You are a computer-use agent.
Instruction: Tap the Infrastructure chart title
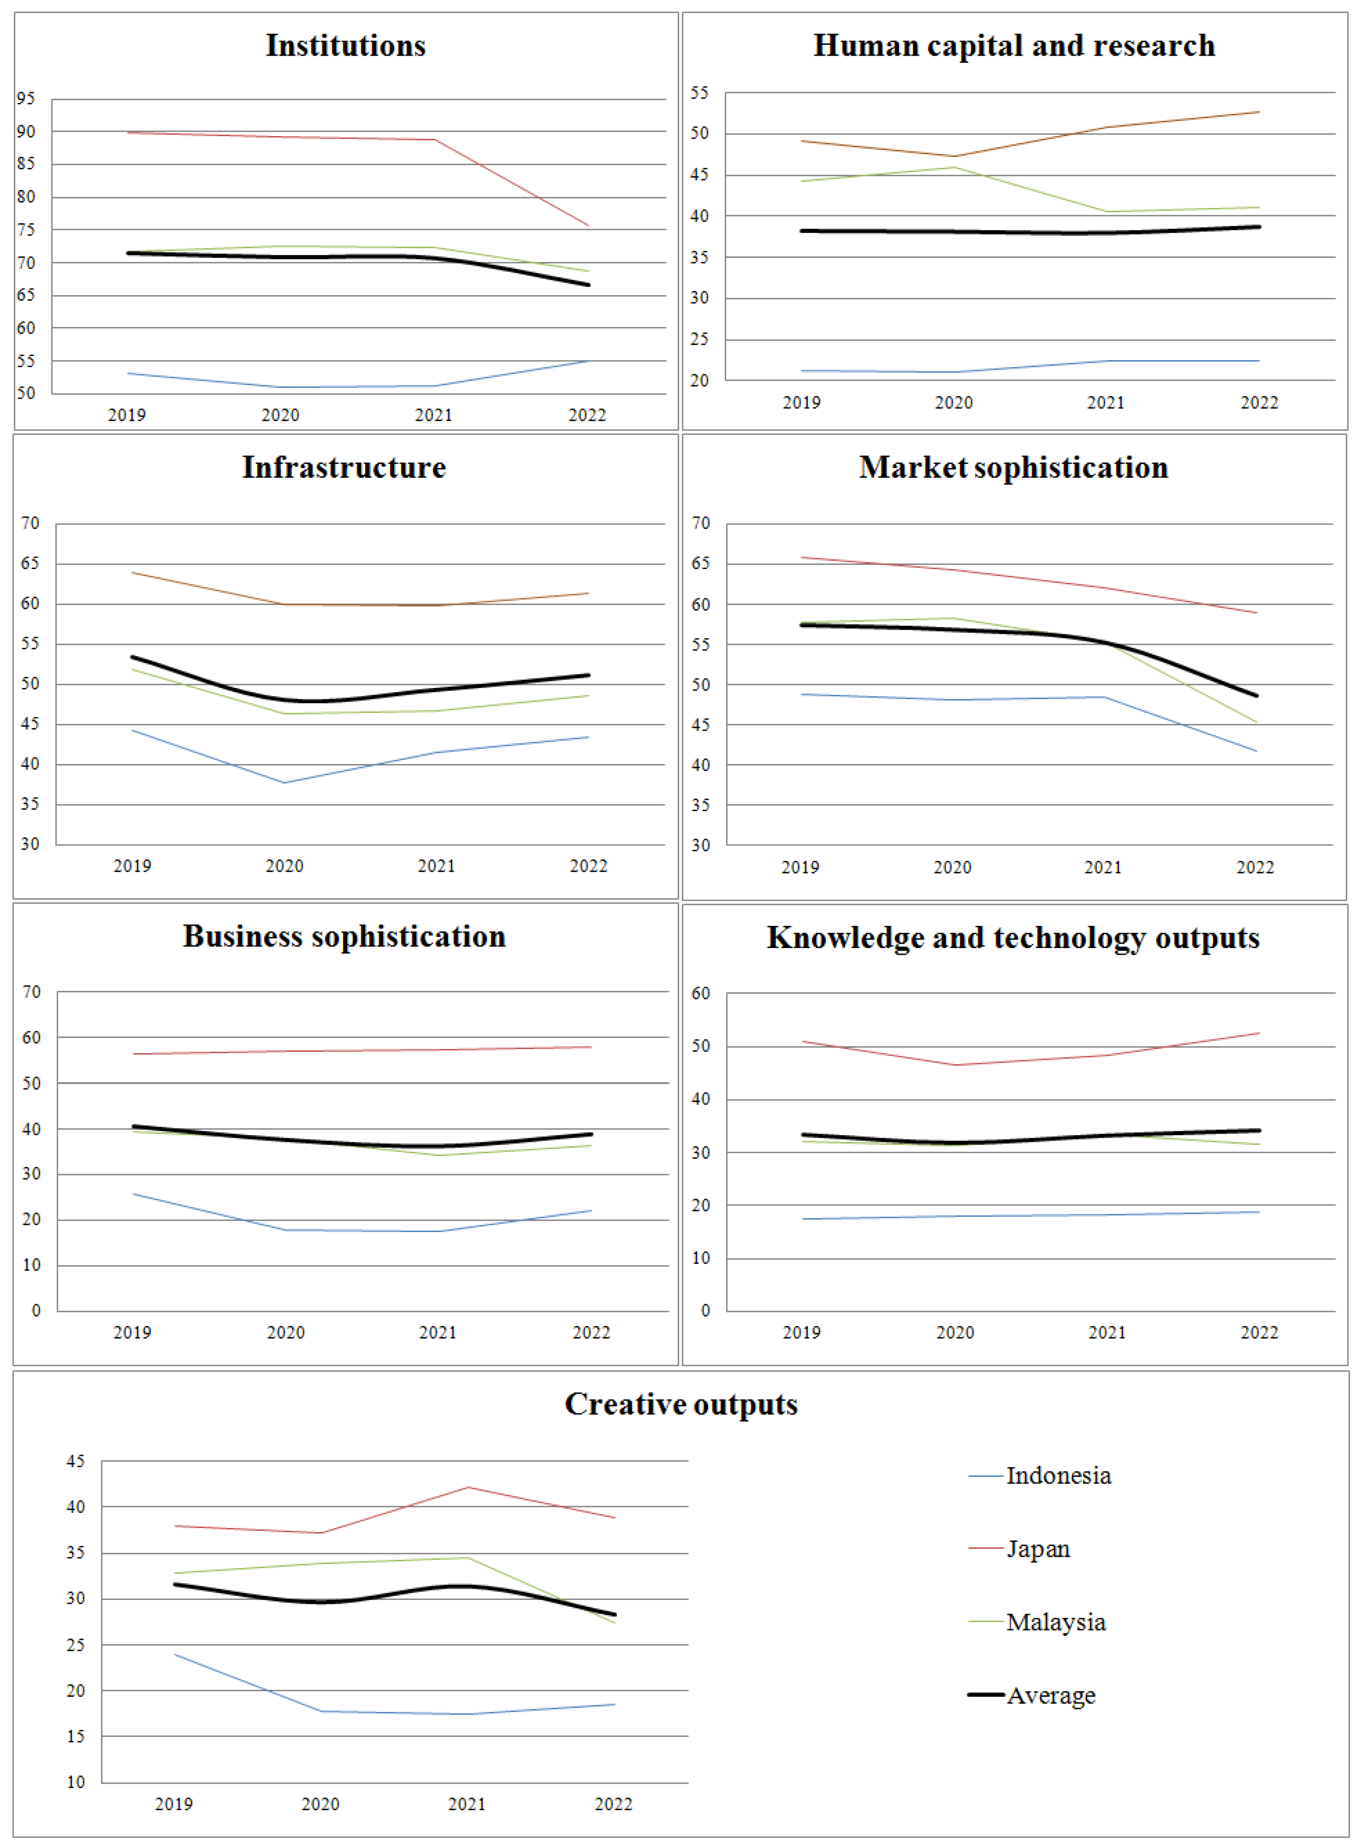[x=344, y=467]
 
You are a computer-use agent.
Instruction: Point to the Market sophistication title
[x=1013, y=467]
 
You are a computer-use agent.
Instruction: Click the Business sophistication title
[x=344, y=936]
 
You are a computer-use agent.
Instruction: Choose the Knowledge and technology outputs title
[x=1013, y=938]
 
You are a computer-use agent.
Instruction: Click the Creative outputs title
[x=680, y=1404]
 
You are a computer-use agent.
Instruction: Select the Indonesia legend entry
[x=1058, y=1476]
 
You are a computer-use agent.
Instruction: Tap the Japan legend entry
[x=1038, y=1548]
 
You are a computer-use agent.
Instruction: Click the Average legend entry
[x=1051, y=1695]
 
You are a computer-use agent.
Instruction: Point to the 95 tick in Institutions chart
[x=26, y=99]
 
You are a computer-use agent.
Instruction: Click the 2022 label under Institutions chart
[x=587, y=415]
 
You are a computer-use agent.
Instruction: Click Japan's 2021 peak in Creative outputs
[x=468, y=1487]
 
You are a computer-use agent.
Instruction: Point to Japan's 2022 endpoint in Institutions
[x=588, y=225]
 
